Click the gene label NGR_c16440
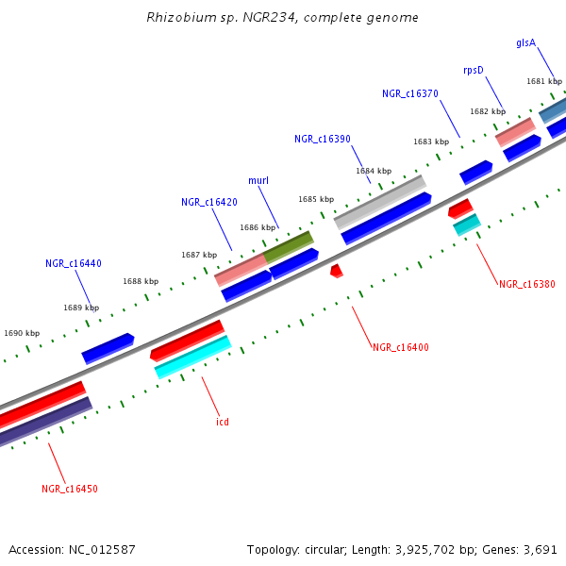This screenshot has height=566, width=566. [74, 263]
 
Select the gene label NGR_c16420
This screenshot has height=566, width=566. [209, 202]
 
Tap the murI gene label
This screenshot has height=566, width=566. [258, 180]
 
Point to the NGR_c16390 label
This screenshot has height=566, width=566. [323, 139]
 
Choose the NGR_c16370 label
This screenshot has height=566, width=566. [410, 93]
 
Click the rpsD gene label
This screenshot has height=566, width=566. [473, 70]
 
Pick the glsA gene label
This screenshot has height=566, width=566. [525, 42]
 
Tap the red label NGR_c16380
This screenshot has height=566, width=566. [527, 284]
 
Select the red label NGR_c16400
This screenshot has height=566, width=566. [401, 347]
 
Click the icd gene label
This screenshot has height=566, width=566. [223, 422]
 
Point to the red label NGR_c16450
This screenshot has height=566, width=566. [70, 489]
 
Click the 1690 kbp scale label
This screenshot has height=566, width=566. [22, 333]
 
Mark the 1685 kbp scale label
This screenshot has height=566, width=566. [316, 199]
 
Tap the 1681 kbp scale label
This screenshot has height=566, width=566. [544, 81]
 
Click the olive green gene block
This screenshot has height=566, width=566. [289, 247]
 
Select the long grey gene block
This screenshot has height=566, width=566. [380, 202]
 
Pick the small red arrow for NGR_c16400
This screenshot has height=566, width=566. [337, 271]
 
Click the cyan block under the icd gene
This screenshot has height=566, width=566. [192, 358]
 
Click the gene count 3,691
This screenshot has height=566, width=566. [539, 549]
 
